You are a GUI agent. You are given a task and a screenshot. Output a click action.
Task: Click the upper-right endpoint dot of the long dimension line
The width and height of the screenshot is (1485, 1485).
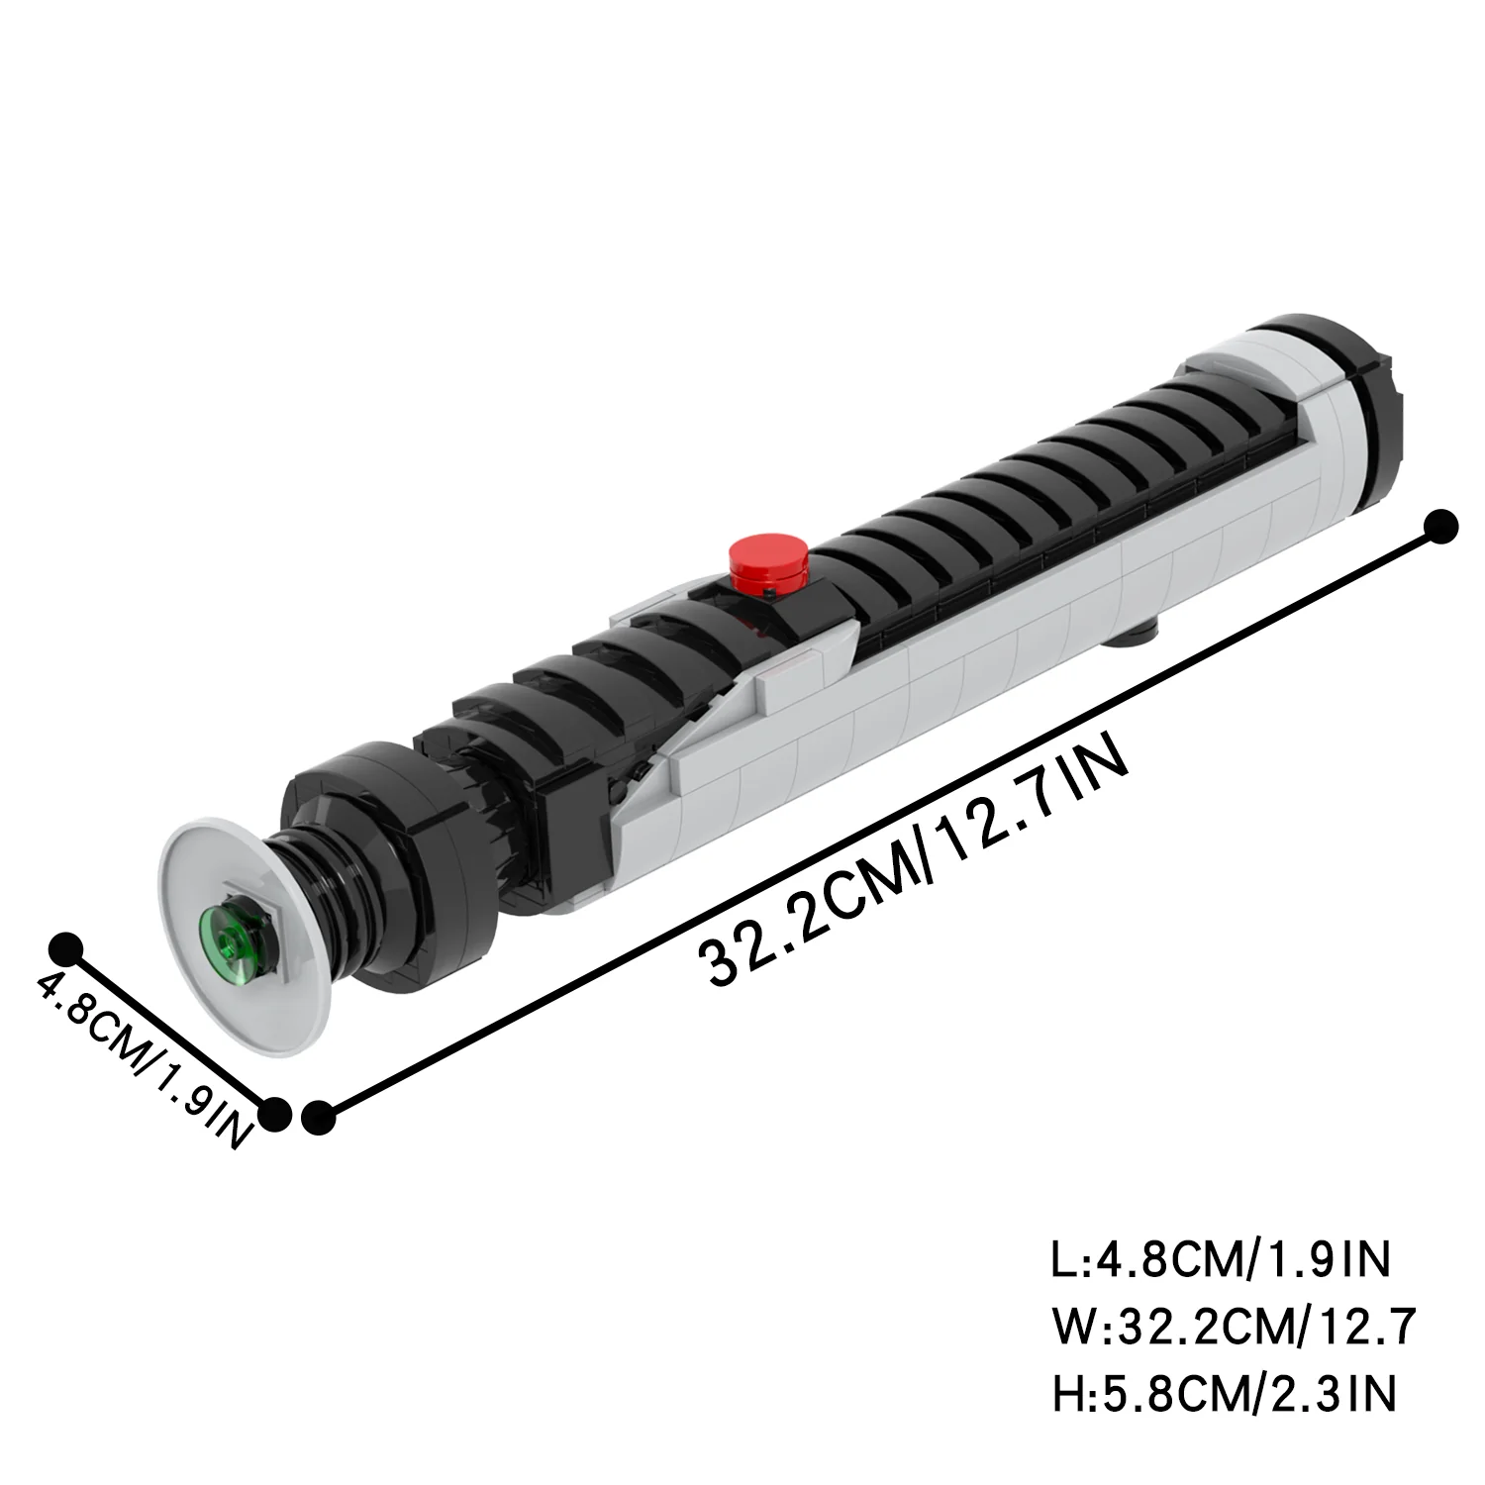1442,527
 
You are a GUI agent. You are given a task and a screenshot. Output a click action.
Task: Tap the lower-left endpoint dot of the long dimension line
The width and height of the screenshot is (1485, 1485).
318,1117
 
